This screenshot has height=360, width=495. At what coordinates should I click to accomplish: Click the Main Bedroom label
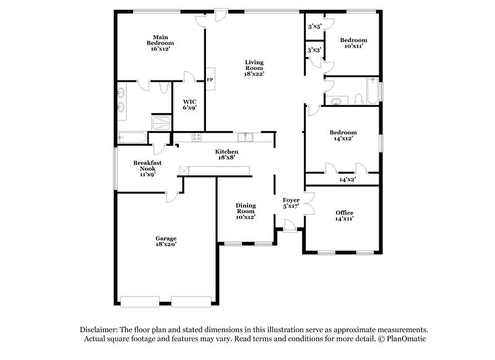coord(160,43)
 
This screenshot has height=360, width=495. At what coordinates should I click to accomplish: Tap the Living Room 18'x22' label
coord(254,67)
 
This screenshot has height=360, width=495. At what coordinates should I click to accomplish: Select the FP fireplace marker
coord(210,80)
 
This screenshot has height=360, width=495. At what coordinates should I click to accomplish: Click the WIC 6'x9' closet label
coord(189,104)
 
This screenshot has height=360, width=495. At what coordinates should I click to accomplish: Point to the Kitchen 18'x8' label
coord(226,155)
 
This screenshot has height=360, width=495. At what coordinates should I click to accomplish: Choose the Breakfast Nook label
coord(147,168)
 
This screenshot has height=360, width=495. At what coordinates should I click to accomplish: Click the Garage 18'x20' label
coord(166,241)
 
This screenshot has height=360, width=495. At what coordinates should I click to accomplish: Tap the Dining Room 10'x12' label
coord(246,210)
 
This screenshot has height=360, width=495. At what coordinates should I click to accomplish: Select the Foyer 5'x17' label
coord(291,203)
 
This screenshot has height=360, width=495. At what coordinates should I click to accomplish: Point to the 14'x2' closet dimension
coord(348,179)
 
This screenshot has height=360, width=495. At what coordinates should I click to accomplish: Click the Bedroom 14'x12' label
coord(342,135)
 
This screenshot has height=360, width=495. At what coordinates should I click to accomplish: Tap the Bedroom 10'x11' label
coord(353,42)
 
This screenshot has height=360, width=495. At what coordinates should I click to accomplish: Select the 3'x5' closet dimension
coord(314,27)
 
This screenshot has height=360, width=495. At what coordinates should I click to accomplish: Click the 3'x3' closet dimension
coord(314,49)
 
